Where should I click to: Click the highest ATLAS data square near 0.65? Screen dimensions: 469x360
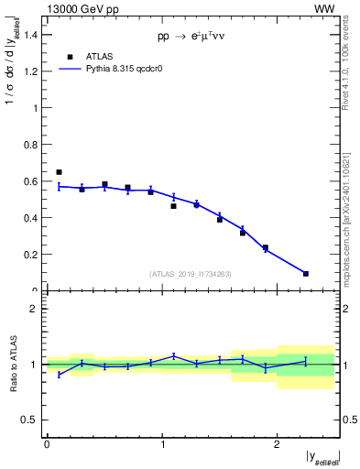[x=59, y=172]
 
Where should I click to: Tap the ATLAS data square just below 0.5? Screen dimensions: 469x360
[x=173, y=206]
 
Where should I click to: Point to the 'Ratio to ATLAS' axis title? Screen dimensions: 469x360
[x=12, y=365]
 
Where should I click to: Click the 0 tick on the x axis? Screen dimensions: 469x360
[x=47, y=445]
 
